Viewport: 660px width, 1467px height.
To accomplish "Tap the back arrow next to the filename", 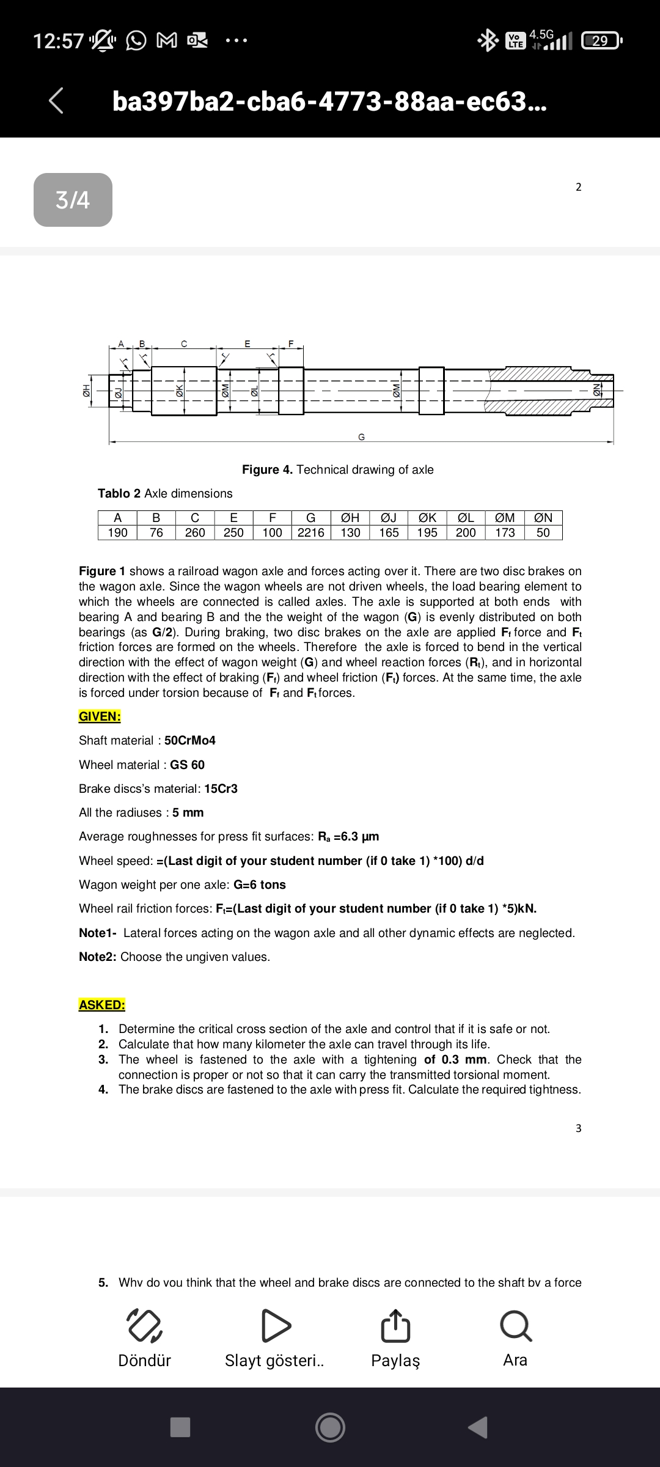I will tap(56, 101).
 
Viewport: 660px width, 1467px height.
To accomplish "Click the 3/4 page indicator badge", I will tap(73, 200).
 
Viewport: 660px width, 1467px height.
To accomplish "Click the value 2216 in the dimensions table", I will tap(310, 532).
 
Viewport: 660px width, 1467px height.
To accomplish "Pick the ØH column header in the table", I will tap(350, 518).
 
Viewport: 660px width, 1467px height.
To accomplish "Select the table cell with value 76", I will tap(156, 532).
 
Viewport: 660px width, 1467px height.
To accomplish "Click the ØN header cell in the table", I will tap(543, 518).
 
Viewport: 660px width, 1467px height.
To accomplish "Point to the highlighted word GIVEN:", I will tap(100, 716).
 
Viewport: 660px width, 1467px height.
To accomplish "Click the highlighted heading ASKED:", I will tap(101, 1004).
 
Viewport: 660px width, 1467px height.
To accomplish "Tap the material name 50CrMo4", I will tap(190, 740).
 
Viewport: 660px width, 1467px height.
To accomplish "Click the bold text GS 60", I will tap(187, 765).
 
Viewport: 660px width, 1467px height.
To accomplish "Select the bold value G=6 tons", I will tap(259, 884).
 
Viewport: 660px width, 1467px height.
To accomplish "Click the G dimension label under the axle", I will tap(361, 437).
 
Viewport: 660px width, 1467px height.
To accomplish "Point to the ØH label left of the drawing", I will tap(86, 389).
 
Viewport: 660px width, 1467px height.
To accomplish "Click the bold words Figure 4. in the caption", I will tap(267, 469).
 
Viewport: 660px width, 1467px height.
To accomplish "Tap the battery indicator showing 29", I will tap(601, 41).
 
